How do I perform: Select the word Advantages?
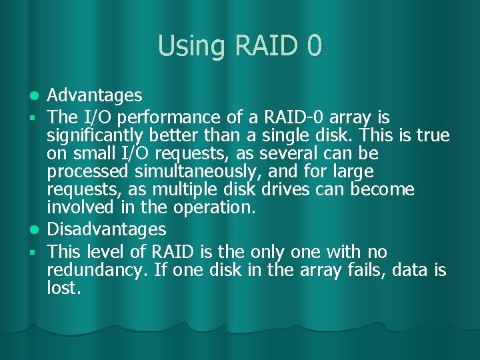click(x=95, y=96)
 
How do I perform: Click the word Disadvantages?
click(x=107, y=229)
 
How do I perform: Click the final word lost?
click(x=64, y=288)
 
